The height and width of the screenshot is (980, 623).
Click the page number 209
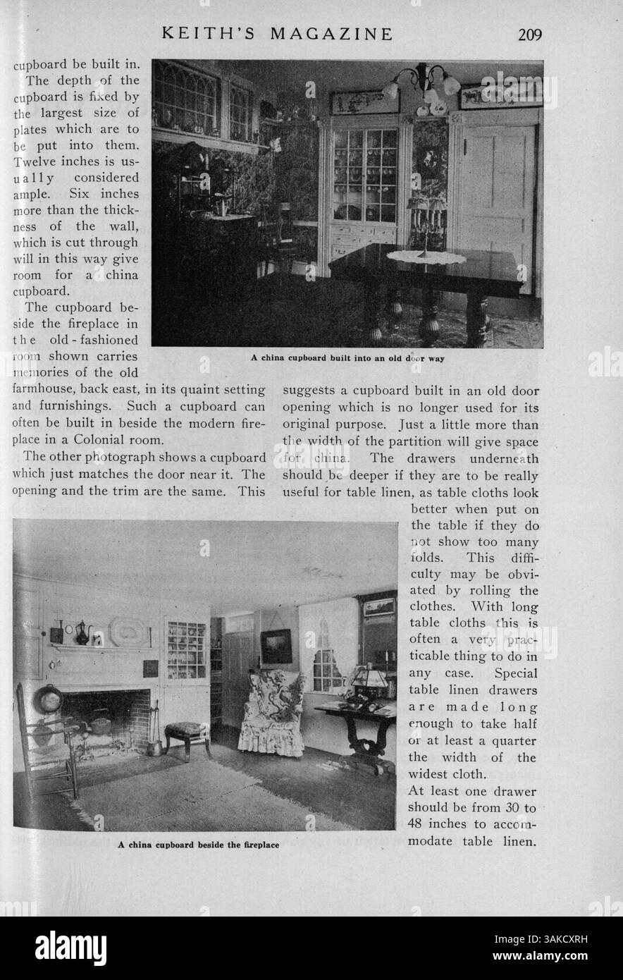pos(528,34)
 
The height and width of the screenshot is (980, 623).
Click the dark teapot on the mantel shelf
pos(82,632)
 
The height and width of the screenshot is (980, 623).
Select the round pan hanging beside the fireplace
pos(49,699)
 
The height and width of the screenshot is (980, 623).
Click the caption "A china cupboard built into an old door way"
pos(347,357)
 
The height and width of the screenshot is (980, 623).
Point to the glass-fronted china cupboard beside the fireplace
pos(185,649)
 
